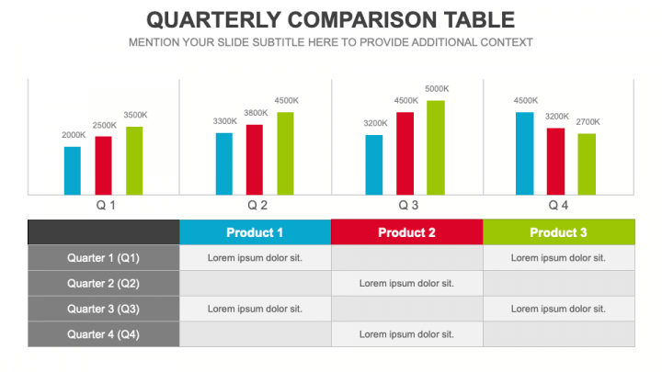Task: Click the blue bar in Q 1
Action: coord(73,171)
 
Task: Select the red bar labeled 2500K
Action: coord(103,165)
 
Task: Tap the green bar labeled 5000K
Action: coord(435,147)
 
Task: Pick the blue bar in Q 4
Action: coord(524,153)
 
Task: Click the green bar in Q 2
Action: coord(285,153)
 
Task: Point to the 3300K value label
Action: coord(224,121)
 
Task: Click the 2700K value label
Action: coord(587,121)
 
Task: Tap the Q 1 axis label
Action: coord(106,205)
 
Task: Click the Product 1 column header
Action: coord(255,232)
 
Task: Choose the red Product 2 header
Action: coord(406,232)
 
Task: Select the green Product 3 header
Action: coord(558,232)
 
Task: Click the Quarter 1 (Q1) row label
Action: coord(103,258)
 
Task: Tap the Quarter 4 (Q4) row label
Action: coord(103,334)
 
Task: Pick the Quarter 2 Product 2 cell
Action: coord(406,283)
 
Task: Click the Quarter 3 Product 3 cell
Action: coord(558,309)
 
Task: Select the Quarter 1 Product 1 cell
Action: coord(255,258)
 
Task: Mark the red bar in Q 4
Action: coord(555,161)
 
